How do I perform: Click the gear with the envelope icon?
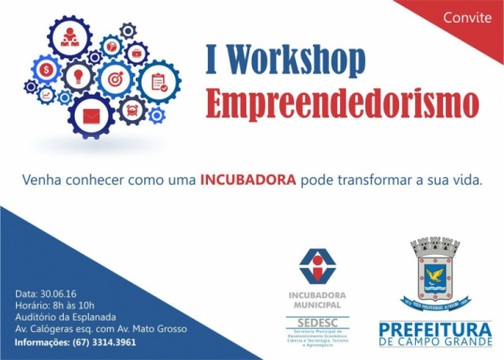[x=90, y=117]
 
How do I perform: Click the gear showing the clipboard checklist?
[x=158, y=82]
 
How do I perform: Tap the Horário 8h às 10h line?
[x=57, y=305]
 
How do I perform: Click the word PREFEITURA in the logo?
[x=435, y=329]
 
